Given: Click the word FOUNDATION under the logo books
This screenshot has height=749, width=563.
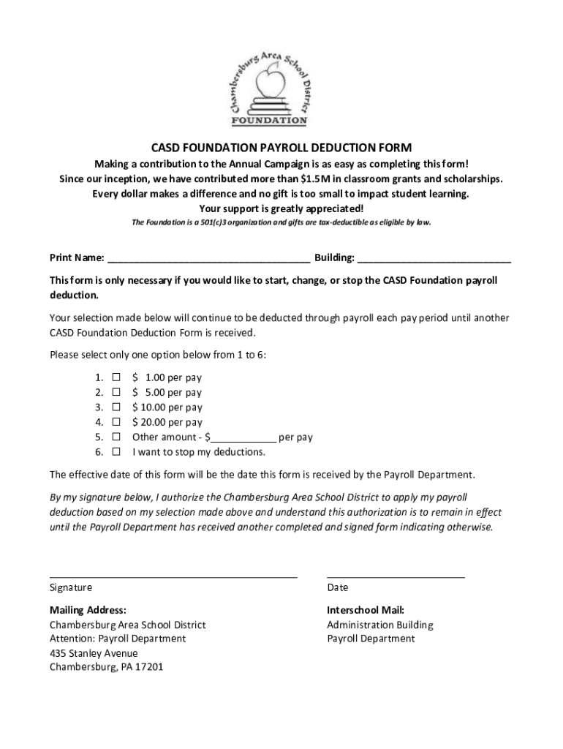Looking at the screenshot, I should point(269,120).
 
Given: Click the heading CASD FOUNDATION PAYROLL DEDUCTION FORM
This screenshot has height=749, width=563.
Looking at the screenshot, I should point(281,148).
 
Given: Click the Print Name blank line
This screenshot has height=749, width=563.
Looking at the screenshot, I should point(208,259).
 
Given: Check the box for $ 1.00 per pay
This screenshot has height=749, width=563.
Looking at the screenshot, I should point(116,378).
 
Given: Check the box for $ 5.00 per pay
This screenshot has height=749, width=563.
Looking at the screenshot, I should point(116,393).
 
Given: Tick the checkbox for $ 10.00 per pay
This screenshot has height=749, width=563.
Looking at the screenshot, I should point(116,407).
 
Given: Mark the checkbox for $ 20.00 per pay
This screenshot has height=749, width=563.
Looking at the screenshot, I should point(116,422).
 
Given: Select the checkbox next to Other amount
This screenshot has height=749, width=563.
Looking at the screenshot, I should point(116,437).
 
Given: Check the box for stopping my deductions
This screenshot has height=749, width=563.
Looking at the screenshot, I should point(116,452).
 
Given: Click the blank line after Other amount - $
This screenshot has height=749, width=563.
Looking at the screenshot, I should point(243,440).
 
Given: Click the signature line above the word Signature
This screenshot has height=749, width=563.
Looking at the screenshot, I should point(173,576).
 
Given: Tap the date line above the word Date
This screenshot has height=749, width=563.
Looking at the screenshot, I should point(396,576).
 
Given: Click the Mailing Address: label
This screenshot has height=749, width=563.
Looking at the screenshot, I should point(88,610).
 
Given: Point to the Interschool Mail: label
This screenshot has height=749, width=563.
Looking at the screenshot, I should point(366,610).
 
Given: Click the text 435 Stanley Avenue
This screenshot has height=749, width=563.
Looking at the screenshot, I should point(94,653).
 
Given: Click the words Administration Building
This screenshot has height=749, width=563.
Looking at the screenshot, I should point(380,625).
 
